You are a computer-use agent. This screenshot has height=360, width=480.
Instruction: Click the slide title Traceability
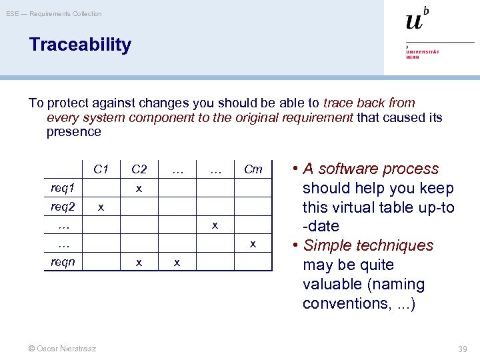click(x=80, y=45)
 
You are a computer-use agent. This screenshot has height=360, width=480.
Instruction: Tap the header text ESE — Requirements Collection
click(x=54, y=13)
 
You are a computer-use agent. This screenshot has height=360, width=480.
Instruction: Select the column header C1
click(x=101, y=169)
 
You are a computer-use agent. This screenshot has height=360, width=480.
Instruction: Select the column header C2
click(x=139, y=169)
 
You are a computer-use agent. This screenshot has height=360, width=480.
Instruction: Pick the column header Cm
click(x=253, y=169)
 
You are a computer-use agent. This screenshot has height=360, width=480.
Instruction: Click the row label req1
click(x=63, y=188)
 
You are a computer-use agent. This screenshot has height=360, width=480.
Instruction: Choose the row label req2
click(x=63, y=207)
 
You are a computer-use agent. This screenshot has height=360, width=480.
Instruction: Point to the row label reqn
click(x=63, y=262)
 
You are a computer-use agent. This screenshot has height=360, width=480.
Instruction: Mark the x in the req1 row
click(x=139, y=189)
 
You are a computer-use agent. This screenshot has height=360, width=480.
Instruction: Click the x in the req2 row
click(x=101, y=207)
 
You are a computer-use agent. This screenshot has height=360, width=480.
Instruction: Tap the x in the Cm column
click(x=253, y=244)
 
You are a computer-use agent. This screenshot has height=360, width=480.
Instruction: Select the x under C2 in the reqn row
click(x=139, y=263)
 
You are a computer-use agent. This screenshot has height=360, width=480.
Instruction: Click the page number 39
click(x=461, y=349)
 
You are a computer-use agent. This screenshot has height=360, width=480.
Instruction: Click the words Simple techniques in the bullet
click(x=368, y=245)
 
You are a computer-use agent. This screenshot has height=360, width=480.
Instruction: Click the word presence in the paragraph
click(x=73, y=131)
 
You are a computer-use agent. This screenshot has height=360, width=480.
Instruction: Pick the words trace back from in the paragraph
click(x=369, y=103)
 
